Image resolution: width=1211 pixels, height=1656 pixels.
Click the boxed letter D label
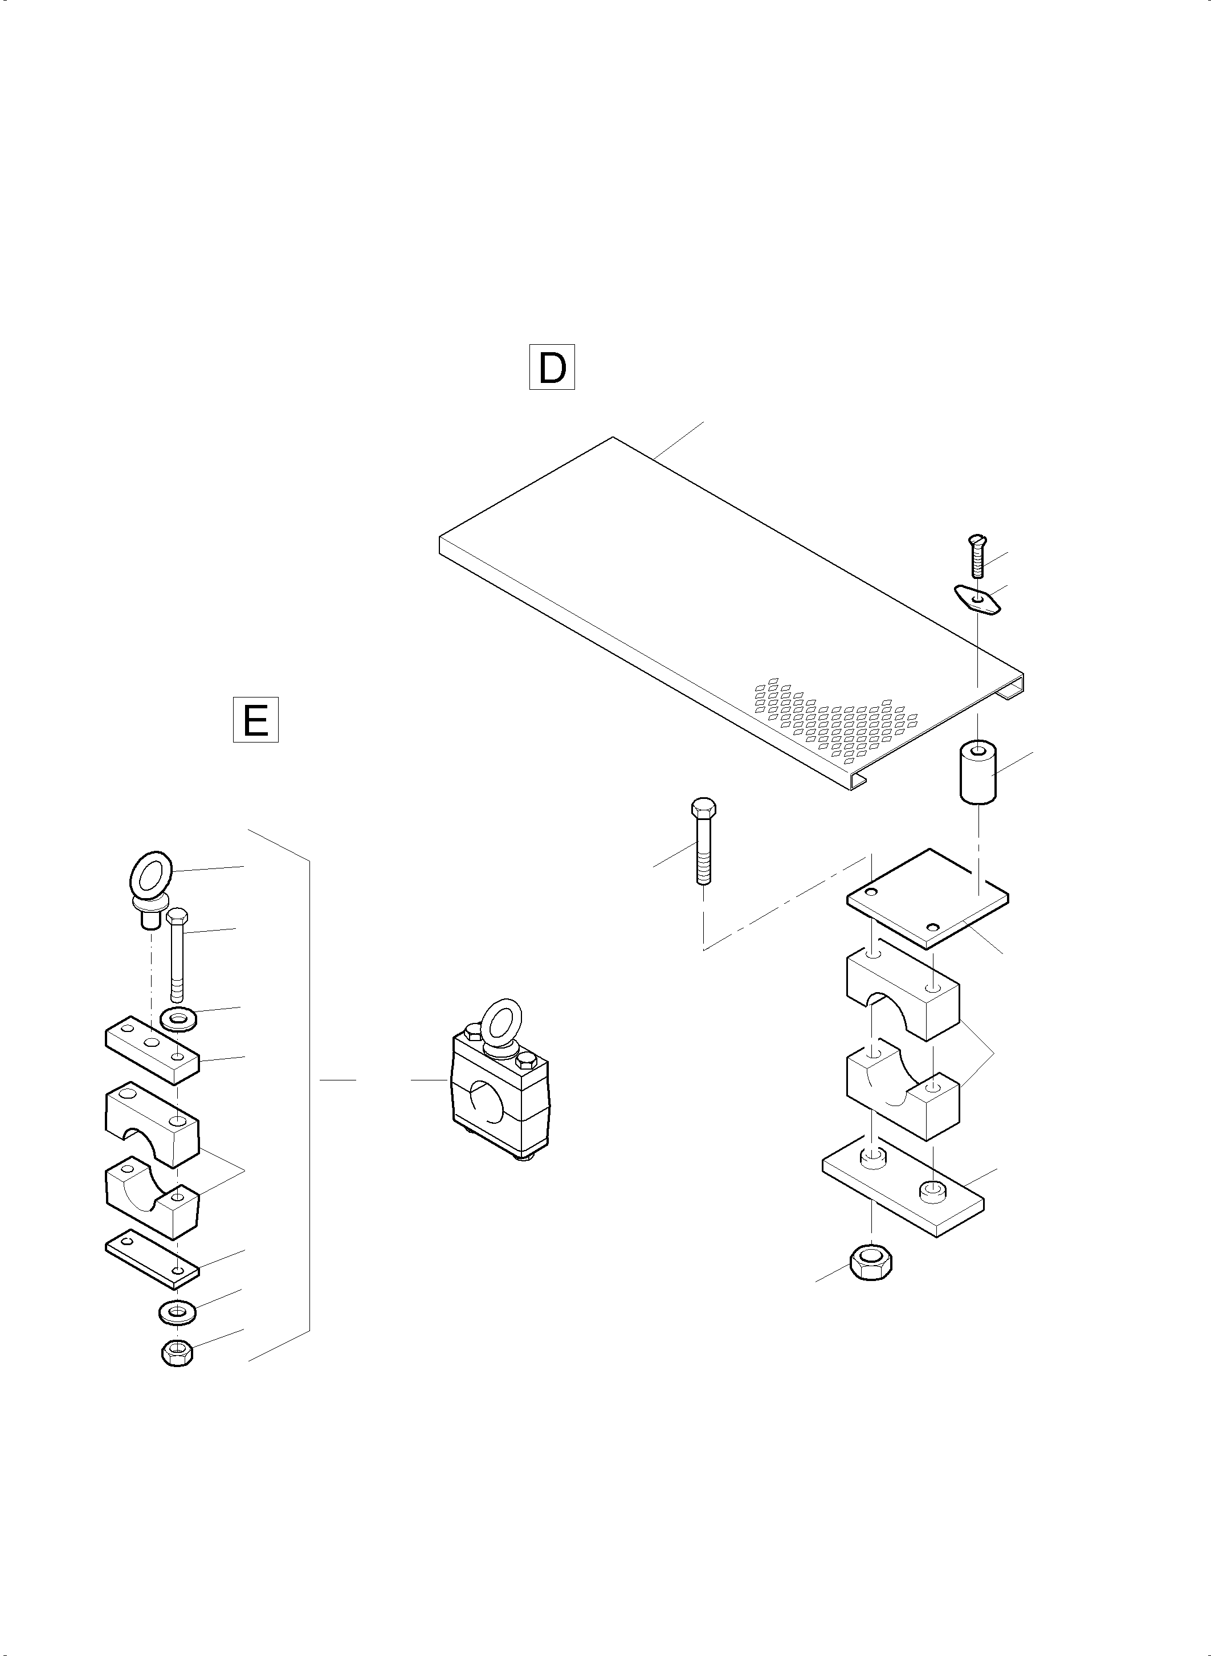[552, 366]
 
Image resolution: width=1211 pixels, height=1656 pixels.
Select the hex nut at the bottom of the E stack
[177, 1352]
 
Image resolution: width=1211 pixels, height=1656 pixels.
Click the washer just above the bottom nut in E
[177, 1311]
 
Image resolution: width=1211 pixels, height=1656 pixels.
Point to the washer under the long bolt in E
[178, 1019]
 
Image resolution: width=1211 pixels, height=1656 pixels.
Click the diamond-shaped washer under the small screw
[977, 601]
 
